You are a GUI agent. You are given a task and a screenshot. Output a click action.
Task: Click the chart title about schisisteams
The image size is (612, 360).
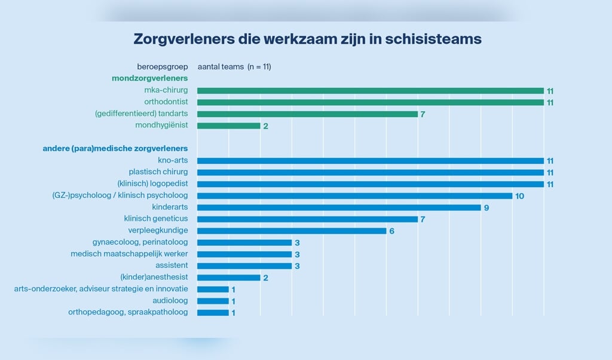(x=307, y=39)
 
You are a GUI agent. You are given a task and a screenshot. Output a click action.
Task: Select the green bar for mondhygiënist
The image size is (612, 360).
(x=228, y=126)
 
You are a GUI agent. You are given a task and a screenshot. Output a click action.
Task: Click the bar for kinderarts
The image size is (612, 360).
(x=338, y=208)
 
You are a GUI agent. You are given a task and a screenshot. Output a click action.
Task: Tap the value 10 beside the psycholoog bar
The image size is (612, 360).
(x=519, y=196)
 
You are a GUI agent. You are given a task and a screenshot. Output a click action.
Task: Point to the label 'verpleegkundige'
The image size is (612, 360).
(x=158, y=231)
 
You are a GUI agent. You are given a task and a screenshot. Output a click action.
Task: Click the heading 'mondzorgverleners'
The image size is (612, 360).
(x=149, y=78)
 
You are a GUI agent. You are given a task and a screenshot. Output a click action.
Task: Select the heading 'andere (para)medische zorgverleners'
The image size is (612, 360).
(x=115, y=148)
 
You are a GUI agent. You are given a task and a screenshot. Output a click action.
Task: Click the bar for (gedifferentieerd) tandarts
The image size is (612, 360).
(x=307, y=114)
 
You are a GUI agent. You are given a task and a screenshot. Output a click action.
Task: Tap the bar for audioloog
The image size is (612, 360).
(x=213, y=301)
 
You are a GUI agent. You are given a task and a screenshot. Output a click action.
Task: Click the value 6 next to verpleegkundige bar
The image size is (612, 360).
(x=392, y=231)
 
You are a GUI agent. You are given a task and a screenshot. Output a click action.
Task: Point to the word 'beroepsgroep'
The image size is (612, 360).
(x=163, y=67)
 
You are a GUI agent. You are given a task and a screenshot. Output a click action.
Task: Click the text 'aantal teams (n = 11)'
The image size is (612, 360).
(x=234, y=67)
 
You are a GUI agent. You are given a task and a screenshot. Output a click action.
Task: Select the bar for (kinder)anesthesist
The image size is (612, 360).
(x=228, y=277)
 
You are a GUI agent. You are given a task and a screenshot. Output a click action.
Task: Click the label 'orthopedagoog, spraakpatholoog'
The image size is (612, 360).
(x=128, y=312)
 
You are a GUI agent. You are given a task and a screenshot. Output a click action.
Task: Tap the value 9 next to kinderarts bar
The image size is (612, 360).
(x=486, y=208)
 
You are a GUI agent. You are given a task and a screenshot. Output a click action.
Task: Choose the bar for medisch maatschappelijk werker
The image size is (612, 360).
(x=244, y=254)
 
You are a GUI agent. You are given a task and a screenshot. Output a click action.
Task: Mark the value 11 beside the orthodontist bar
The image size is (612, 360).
(x=550, y=102)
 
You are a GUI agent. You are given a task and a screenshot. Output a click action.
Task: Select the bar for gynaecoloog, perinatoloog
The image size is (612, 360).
(x=244, y=242)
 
